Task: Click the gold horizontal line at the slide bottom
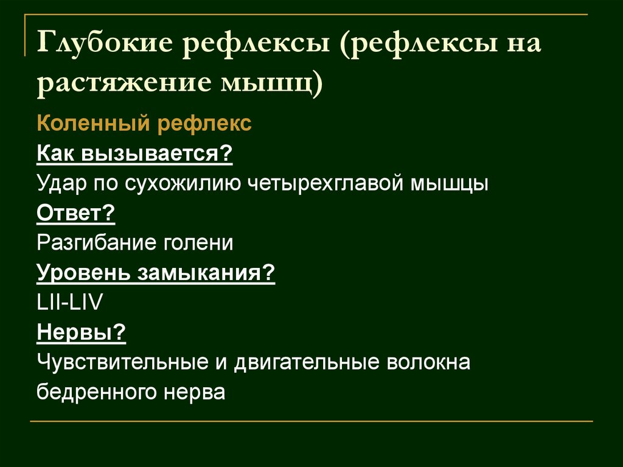click(x=311, y=421)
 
